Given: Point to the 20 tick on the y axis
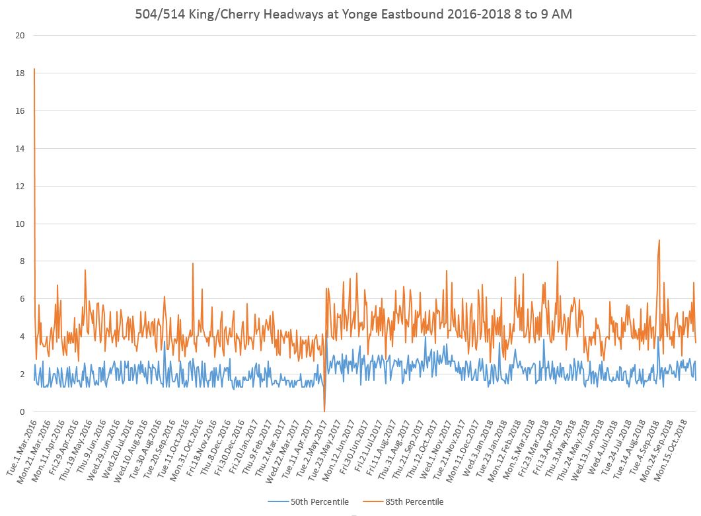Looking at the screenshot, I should pyautogui.click(x=20, y=36).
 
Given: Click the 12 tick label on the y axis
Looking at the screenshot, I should pyautogui.click(x=20, y=187).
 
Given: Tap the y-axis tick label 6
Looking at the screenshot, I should pyautogui.click(x=22, y=299).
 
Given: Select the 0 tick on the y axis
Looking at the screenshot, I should pyautogui.click(x=22, y=412).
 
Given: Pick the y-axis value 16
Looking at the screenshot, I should pyautogui.click(x=20, y=111).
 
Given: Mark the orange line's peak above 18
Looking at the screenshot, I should pyautogui.click(x=34, y=69).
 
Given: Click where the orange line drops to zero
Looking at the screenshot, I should pyautogui.click(x=324, y=411).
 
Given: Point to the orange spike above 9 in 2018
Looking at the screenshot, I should pyautogui.click(x=659, y=241).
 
